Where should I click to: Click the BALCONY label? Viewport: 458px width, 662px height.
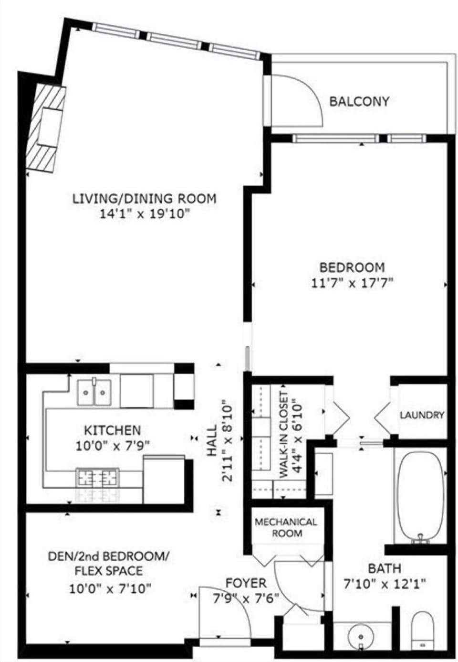tap(359, 101)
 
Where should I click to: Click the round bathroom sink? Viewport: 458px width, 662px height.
tap(361, 637)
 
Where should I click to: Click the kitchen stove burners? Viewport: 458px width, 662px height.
tap(97, 477)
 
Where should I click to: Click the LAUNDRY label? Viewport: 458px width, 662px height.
tap(422, 415)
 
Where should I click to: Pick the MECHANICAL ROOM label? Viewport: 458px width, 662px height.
tap(286, 527)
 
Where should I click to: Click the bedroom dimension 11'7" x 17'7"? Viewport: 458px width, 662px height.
tap(352, 283)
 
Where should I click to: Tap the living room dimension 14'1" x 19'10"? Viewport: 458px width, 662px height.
tap(145, 214)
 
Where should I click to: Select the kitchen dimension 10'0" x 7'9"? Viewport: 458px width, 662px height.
tap(113, 446)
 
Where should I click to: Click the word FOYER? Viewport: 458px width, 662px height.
tap(246, 583)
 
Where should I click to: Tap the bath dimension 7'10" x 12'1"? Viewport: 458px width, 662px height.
tap(385, 583)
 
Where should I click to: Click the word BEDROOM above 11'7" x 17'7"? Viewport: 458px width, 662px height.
tap(352, 267)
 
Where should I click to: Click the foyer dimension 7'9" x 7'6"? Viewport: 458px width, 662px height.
tap(246, 598)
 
